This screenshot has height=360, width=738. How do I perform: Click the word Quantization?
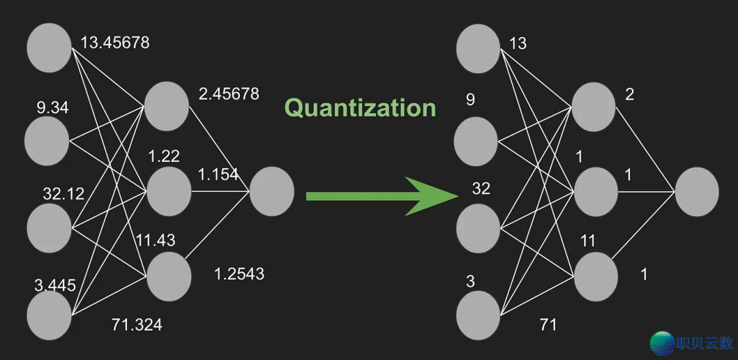pyautogui.click(x=360, y=108)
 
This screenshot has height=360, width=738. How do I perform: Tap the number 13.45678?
pyautogui.click(x=115, y=42)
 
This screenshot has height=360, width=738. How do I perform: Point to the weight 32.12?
pyautogui.click(x=64, y=193)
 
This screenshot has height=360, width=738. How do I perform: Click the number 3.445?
pyautogui.click(x=55, y=285)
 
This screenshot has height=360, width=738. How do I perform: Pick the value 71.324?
pyautogui.click(x=137, y=324)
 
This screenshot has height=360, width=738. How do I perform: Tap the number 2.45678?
pyautogui.click(x=229, y=94)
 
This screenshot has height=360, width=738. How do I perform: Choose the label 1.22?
pyautogui.click(x=164, y=156)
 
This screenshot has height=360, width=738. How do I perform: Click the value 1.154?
pyautogui.click(x=218, y=175)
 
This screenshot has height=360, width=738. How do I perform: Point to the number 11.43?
pyautogui.click(x=155, y=240)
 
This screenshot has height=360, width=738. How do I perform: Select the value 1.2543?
pyautogui.click(x=239, y=274)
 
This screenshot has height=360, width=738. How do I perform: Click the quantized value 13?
pyautogui.click(x=518, y=43)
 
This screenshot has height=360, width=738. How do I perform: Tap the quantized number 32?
pyautogui.click(x=481, y=189)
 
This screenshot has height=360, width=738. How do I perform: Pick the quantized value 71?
pyautogui.click(x=548, y=324)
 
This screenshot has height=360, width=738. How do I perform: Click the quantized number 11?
pyautogui.click(x=588, y=240)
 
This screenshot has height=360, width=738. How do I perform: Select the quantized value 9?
pyautogui.click(x=470, y=100)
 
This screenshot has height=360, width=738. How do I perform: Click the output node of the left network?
pyautogui.click(x=272, y=192)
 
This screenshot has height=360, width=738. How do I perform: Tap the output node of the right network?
pyautogui.click(x=697, y=192)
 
